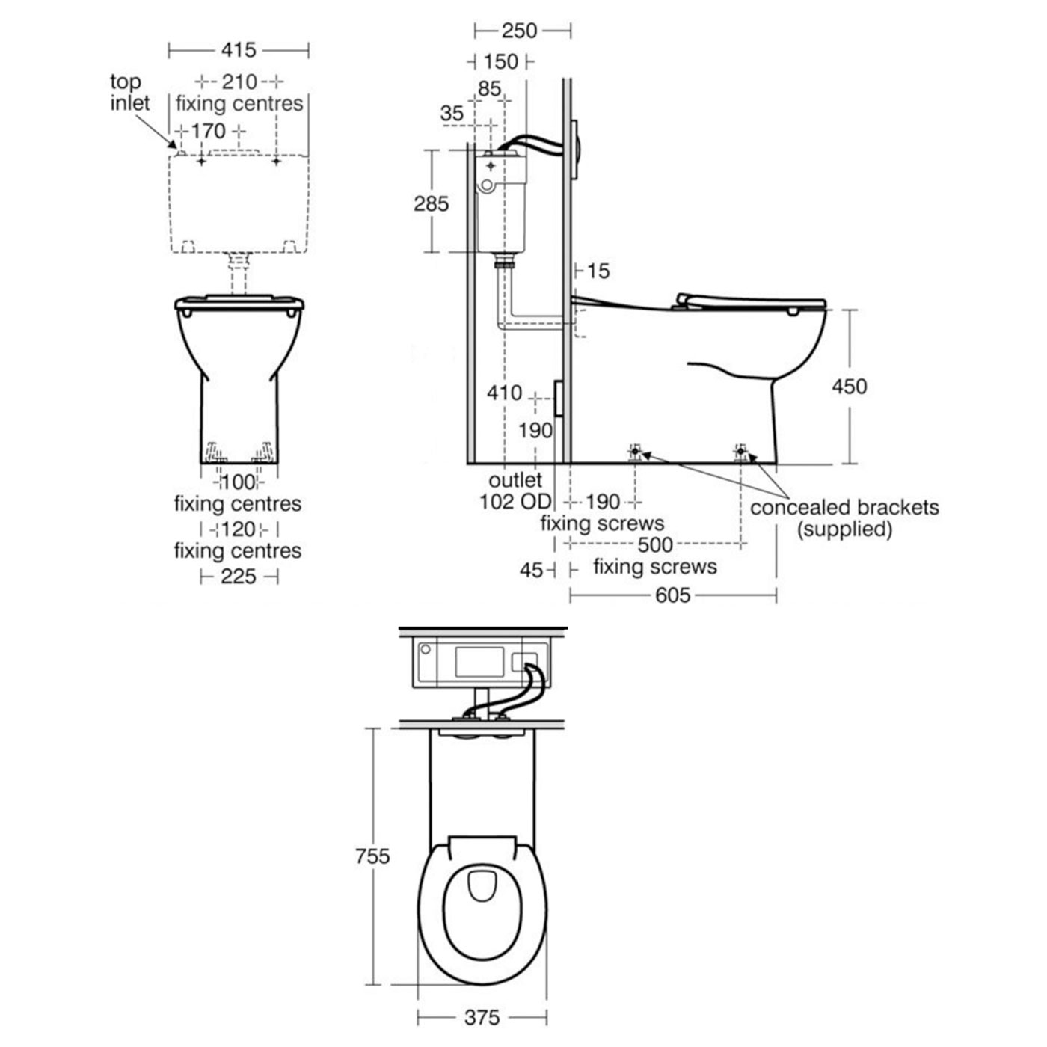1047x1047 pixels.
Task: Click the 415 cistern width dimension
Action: pyautogui.click(x=238, y=51)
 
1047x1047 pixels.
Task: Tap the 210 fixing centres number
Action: pyautogui.click(x=239, y=82)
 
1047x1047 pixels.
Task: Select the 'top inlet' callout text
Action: pyautogui.click(x=129, y=93)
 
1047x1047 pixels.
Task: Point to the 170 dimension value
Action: pyautogui.click(x=208, y=131)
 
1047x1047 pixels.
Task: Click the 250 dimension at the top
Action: pyautogui.click(x=520, y=31)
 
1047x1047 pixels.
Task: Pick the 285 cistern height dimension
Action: pyautogui.click(x=432, y=203)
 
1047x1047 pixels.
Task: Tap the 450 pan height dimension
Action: pyautogui.click(x=850, y=387)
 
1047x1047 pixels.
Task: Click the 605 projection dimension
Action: pyautogui.click(x=672, y=595)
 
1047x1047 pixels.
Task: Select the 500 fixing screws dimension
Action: pyautogui.click(x=655, y=544)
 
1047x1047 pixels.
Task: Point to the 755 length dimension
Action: pyautogui.click(x=372, y=856)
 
